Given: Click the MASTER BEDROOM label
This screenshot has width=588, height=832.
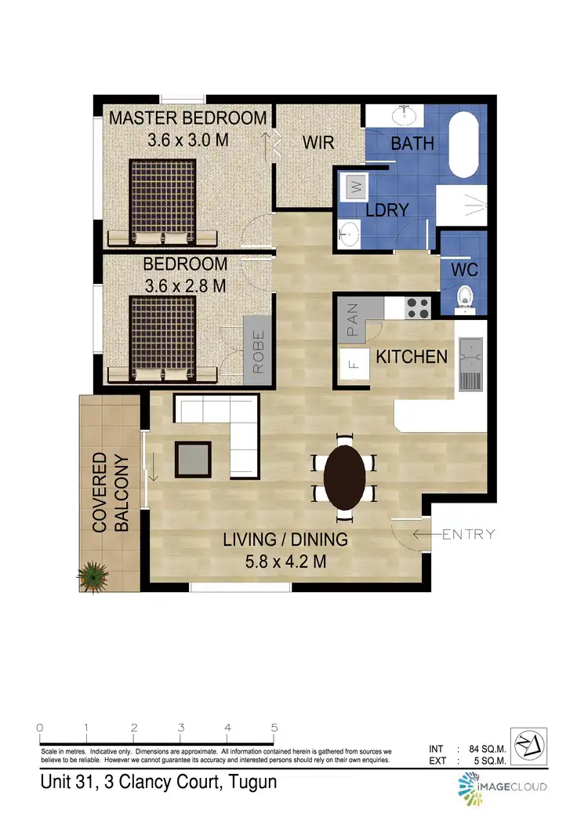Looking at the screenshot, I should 187,118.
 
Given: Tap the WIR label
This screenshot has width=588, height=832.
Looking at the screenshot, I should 319,143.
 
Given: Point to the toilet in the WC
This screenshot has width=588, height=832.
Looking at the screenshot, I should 465,296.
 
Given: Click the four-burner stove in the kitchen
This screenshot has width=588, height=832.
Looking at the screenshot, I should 418,307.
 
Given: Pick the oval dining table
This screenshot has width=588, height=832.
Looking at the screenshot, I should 344,478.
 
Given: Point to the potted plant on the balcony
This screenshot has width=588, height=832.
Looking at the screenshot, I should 93,576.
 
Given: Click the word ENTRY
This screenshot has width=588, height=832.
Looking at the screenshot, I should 469,535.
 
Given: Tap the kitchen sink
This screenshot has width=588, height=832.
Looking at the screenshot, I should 472,350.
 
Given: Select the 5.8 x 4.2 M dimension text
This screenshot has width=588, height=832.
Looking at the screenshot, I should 285,561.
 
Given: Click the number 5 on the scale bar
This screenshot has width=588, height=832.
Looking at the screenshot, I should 274,727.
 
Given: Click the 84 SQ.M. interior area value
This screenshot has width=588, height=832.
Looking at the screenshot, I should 487,749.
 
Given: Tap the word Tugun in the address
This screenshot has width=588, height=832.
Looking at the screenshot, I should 250,783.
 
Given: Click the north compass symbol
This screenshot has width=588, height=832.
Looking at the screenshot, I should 529,744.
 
